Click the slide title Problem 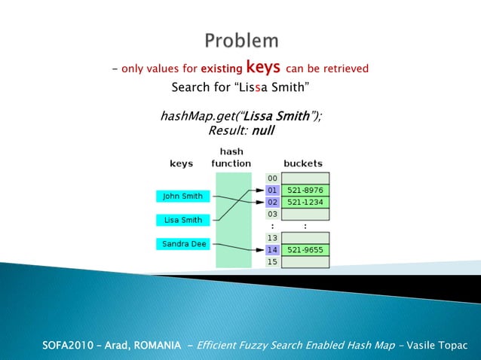click(240, 40)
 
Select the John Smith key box click(183, 197)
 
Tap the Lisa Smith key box click(183, 220)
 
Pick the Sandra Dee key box click(183, 244)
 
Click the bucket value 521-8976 click(305, 191)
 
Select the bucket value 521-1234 click(305, 202)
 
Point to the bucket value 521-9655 click(305, 249)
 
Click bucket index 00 click(272, 178)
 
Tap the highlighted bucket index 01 click(272, 191)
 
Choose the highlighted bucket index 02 click(272, 202)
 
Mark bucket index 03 click(272, 214)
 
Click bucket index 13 click(272, 237)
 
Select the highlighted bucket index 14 click(272, 249)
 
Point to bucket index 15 click(272, 261)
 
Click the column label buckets click(303, 163)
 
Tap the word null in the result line click(262, 130)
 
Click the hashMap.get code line click(240, 117)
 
